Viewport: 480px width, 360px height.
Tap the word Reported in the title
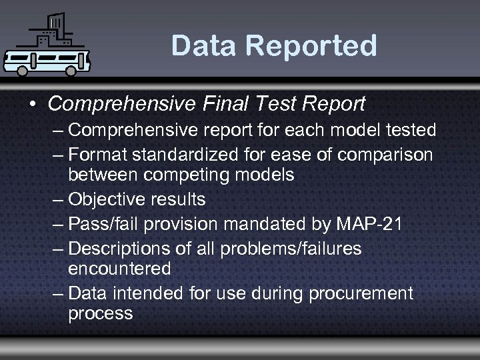click(x=313, y=46)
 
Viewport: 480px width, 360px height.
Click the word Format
click(x=98, y=155)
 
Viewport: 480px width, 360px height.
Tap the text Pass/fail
click(x=101, y=223)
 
